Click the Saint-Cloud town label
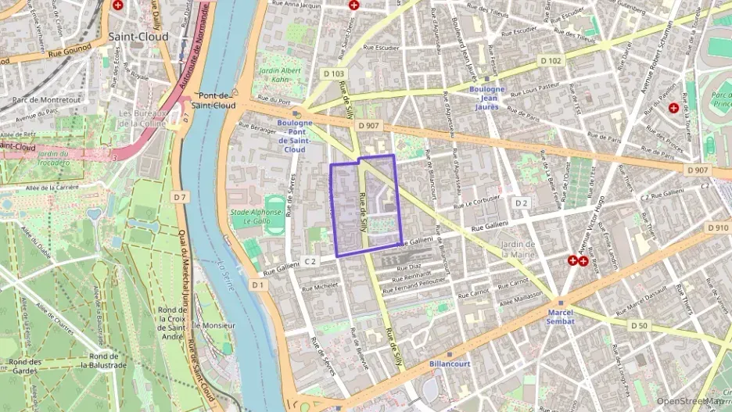138,36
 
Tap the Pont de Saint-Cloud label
213,99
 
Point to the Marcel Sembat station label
561,317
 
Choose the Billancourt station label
450,364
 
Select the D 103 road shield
333,74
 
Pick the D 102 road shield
551,60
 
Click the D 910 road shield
716,227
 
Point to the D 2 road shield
522,203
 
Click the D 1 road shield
258,285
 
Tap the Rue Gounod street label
65,53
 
